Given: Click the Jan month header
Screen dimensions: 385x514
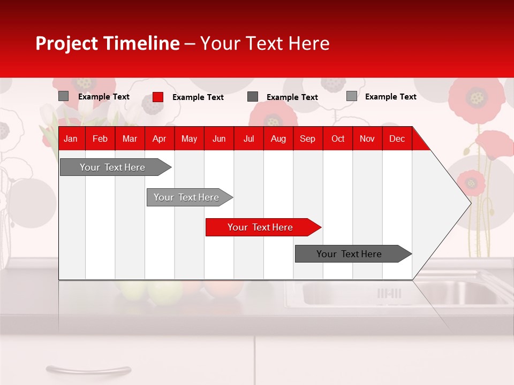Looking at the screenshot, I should (71, 139).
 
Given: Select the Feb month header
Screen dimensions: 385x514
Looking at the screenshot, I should (100, 139).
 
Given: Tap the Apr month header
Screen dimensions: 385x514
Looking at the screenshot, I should (159, 139).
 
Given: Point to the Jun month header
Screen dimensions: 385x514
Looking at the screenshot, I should (219, 139).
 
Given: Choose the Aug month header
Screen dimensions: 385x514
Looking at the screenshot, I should (278, 139).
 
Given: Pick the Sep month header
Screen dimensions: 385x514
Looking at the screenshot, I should (307, 139).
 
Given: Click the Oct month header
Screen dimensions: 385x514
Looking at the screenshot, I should (338, 139).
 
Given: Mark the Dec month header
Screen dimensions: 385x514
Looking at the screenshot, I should (397, 139).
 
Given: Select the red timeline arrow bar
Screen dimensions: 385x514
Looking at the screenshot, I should (262, 227).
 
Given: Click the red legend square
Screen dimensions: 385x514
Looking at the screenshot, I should (158, 97).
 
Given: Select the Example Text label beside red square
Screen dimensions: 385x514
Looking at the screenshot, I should (198, 97).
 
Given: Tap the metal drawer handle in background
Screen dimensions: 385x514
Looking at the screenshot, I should (88, 369).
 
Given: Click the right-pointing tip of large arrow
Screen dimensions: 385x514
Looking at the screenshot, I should (470, 203).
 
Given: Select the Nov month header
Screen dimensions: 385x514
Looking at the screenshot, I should (367, 139).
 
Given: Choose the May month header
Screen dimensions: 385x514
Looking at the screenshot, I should (189, 139).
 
